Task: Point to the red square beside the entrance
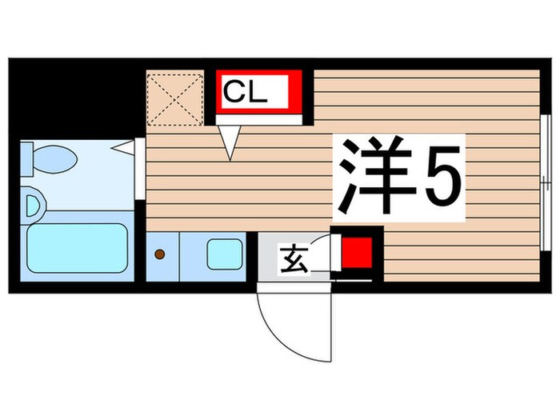click(356, 254)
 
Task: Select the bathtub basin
click(77, 247)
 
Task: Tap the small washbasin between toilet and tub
click(32, 206)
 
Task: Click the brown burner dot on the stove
click(158, 254)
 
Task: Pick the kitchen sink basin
click(223, 254)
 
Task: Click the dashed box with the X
click(174, 99)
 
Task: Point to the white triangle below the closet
click(230, 142)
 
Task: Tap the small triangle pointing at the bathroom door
click(122, 146)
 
